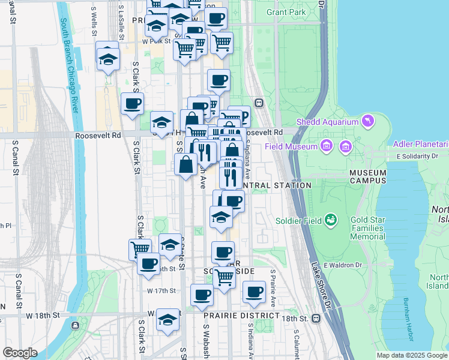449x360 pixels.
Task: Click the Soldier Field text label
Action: (x=298, y=221)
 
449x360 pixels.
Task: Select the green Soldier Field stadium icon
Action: (x=330, y=221)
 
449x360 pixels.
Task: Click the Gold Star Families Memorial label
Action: (x=367, y=229)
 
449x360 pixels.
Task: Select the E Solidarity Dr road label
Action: (x=418, y=157)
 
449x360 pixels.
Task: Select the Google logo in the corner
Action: (x=20, y=353)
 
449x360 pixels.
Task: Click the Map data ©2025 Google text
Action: (x=411, y=355)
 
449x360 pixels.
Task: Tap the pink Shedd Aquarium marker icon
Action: (x=367, y=122)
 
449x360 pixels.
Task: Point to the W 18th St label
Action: (x=43, y=315)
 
